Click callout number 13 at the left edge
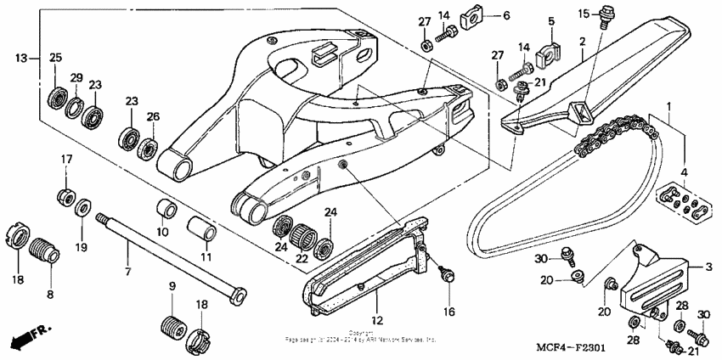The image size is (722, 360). point(20,58)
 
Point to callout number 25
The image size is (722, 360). point(56,58)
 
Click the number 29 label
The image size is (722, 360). point(76,78)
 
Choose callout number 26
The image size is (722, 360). point(152,116)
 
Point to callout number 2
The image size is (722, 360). point(583,41)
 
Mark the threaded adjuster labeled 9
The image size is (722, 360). point(173,327)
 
